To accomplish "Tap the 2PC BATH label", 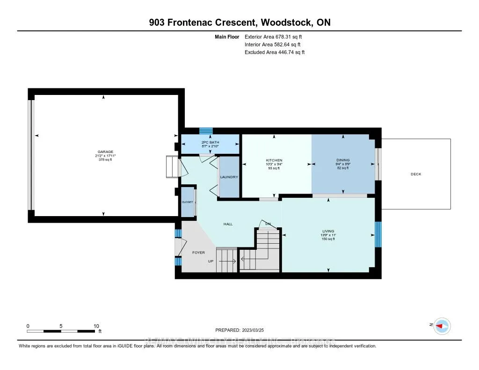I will point(210,142).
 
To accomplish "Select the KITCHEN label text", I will point(274,160).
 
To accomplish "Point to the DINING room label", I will point(343,160).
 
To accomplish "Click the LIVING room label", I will point(328,231).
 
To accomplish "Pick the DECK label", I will point(416,174).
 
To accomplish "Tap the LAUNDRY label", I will point(230,177).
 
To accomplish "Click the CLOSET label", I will point(188,202).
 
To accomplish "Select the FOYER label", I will point(198,253).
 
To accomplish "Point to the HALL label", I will point(228,224).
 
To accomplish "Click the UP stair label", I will point(211,261).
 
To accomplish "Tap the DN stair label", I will point(268,224).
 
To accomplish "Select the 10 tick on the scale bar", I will point(96,326).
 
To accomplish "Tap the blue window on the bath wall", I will point(206,131).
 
